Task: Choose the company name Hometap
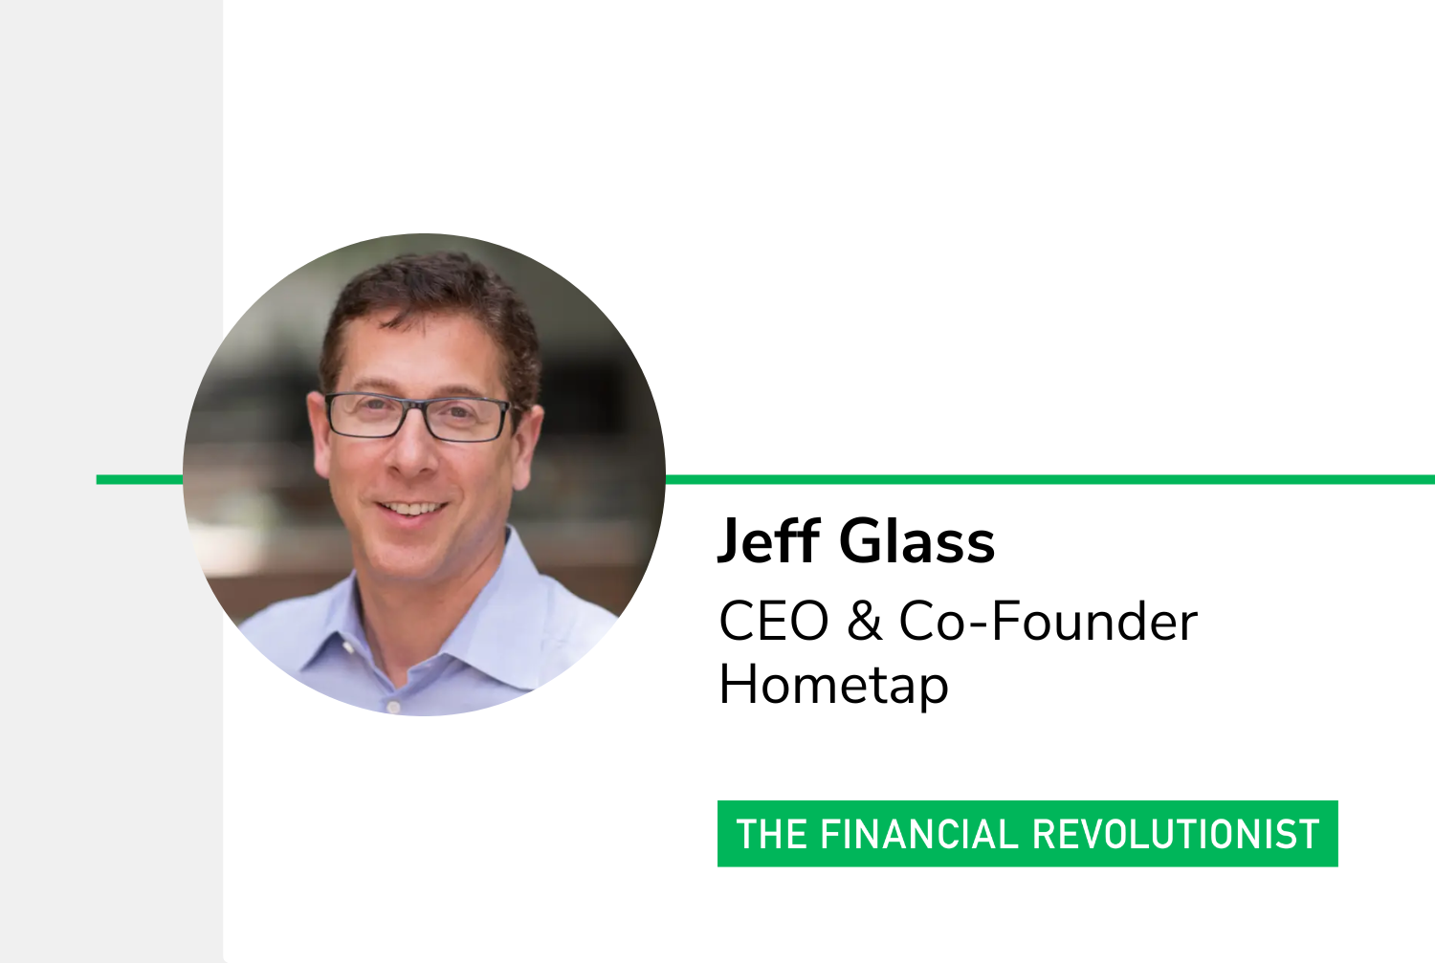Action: pyautogui.click(x=833, y=685)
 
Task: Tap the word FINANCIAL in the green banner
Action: pyautogui.click(x=919, y=834)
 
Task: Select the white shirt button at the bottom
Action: pyautogui.click(x=393, y=707)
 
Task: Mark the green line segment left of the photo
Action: pyautogui.click(x=140, y=479)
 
